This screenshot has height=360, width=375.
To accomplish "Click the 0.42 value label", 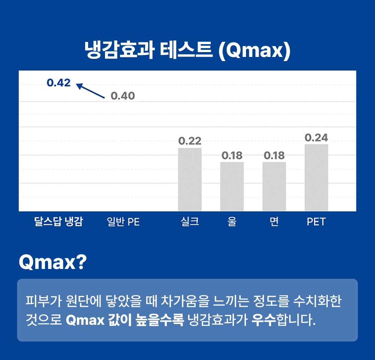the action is click(x=58, y=83).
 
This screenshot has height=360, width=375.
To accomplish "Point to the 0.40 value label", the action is click(x=123, y=96).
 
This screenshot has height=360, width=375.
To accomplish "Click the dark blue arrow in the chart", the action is click(x=90, y=91).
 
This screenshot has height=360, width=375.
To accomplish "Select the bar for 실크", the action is click(x=190, y=180).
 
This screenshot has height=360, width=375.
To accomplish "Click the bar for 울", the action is click(x=232, y=187).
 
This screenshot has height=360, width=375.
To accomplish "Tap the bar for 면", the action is click(x=274, y=187).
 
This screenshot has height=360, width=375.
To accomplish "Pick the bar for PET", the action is click(x=316, y=178).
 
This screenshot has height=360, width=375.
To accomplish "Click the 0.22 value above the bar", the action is click(x=190, y=141).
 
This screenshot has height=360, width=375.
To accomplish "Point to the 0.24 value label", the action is click(x=316, y=137).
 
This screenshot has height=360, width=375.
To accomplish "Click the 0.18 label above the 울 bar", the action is click(x=232, y=156).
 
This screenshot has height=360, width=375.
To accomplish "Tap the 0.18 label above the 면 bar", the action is click(x=274, y=156).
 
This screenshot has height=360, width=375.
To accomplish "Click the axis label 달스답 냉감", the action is click(x=58, y=221).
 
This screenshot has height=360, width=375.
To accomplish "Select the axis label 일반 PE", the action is click(x=123, y=222).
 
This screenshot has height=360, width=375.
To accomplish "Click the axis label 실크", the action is click(x=190, y=221).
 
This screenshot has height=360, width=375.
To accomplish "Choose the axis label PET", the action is click(x=316, y=222).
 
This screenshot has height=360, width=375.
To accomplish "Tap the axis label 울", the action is click(x=232, y=221).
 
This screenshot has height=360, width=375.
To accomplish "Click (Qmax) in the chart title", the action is click(x=255, y=51).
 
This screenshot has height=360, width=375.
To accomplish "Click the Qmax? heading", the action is click(x=52, y=262).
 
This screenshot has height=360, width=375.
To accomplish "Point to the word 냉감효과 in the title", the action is click(x=120, y=50).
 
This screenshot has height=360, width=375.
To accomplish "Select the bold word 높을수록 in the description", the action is click(x=160, y=320).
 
